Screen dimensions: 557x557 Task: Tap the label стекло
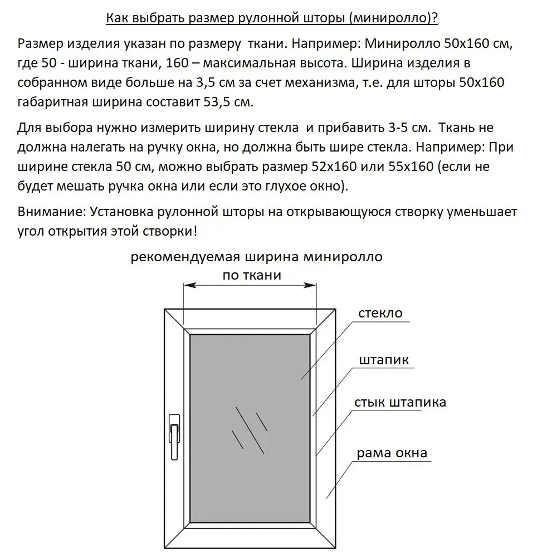point(381,313)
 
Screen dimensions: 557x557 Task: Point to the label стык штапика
point(400,402)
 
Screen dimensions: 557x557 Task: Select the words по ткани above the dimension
point(252,275)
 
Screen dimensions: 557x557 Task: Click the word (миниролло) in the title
point(403,18)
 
